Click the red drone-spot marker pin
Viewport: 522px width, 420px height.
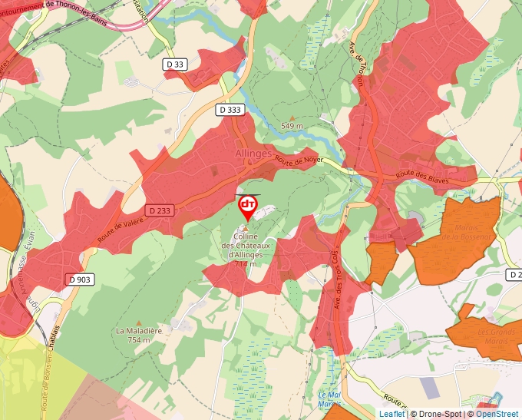pos(248,206)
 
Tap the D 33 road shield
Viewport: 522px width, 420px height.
pos(175,64)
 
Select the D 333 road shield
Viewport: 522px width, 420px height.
pos(229,110)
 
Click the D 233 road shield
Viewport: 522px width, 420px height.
pos(160,210)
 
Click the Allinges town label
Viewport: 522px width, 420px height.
pos(253,154)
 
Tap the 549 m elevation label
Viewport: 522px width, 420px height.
pos(292,125)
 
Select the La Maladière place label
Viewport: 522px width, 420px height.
pos(139,335)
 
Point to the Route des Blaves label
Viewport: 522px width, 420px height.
pos(422,177)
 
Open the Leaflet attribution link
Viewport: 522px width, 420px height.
pos(391,414)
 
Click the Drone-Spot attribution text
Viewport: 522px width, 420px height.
pos(438,414)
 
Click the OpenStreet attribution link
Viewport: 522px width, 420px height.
pos(497,414)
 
